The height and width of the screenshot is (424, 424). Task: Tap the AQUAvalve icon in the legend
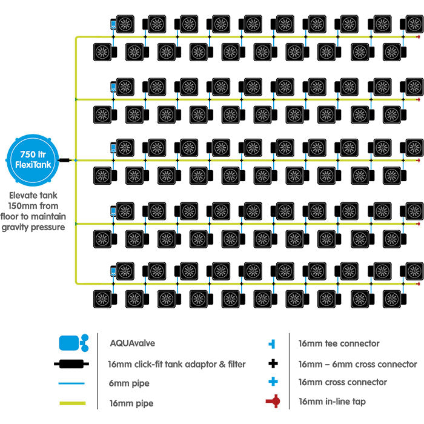[73, 343]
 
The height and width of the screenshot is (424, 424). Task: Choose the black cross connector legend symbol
[274, 364]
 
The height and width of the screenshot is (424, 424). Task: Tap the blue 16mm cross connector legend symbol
[274, 382]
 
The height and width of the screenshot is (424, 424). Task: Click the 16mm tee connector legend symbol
[274, 343]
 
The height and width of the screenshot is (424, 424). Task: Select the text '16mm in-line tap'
[331, 401]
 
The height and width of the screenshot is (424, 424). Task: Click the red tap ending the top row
[419, 37]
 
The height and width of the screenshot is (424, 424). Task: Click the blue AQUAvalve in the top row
[113, 25]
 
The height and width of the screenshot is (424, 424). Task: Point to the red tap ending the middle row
[419, 161]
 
